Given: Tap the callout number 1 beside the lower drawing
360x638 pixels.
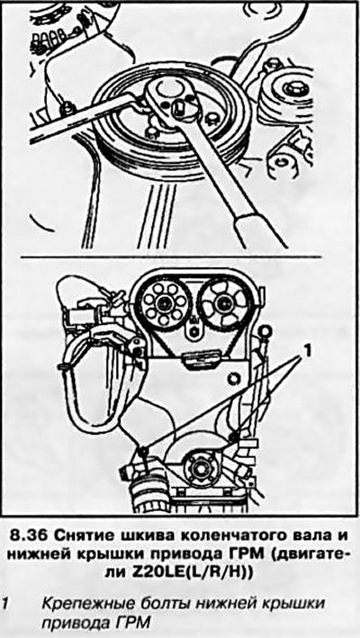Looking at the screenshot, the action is click(309, 350).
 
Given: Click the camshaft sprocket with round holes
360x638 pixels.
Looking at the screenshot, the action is click(163, 301).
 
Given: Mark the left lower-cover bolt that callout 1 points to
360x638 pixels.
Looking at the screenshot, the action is click(142, 451).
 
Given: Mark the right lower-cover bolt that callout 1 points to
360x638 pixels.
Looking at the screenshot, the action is click(233, 437).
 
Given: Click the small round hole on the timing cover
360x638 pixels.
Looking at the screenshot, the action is click(233, 380).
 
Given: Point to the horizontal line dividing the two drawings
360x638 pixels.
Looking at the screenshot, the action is click(171, 256).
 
